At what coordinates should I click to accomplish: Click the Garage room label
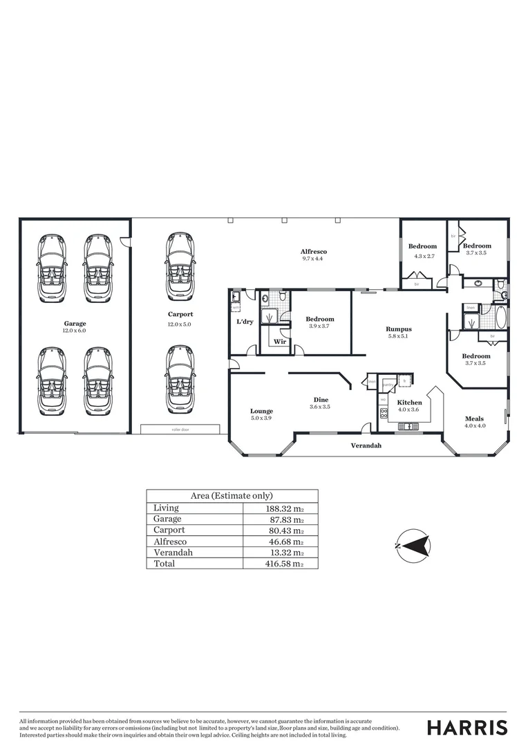coord(75,323)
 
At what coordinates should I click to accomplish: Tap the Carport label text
coord(180,314)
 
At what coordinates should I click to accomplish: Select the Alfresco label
coord(313,251)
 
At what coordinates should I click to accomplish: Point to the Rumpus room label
coord(399,329)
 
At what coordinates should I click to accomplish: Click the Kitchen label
coord(409,402)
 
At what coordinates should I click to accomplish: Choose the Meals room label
coord(474,418)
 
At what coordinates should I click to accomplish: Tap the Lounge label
coord(261,411)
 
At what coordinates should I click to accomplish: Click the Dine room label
coord(321,399)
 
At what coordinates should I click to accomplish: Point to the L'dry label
coord(244,322)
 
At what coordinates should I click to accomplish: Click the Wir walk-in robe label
coord(280,342)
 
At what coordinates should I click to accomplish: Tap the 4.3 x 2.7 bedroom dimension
coord(422,257)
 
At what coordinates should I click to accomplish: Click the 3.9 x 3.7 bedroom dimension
coord(320,326)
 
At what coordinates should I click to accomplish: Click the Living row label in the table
coord(166,508)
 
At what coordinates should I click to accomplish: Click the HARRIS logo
coord(466,728)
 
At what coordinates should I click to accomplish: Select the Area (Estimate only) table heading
coord(232,495)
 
